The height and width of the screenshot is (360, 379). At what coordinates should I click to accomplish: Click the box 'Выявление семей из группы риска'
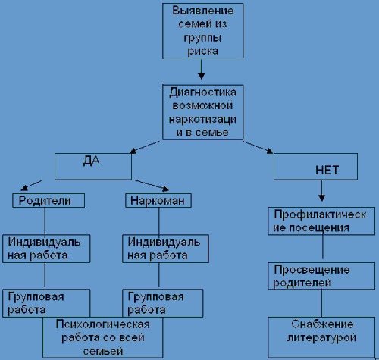[x=203, y=31]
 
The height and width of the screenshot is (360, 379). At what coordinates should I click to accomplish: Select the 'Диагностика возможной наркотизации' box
[x=203, y=112]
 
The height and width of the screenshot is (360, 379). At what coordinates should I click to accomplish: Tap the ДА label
[x=92, y=161]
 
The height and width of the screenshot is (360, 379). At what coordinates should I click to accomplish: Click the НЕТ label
[x=327, y=171]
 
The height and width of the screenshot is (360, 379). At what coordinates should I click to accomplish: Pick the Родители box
[x=49, y=201]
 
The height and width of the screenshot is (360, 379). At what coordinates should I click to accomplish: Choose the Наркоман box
[x=158, y=201]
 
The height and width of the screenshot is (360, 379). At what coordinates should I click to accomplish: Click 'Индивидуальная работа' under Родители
[x=46, y=249]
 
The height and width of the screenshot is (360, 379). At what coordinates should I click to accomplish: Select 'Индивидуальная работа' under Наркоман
[x=166, y=249]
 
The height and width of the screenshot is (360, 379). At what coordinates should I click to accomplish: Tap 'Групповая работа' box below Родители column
[x=46, y=303]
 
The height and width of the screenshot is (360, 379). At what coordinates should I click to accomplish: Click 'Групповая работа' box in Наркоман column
[x=163, y=303]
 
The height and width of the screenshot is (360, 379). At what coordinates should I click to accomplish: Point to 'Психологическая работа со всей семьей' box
[x=103, y=337]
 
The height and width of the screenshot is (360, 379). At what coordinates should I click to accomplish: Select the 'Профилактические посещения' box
[x=321, y=221]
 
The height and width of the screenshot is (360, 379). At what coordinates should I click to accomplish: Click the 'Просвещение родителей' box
[x=321, y=276]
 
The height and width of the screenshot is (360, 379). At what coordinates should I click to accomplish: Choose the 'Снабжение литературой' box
[x=321, y=337]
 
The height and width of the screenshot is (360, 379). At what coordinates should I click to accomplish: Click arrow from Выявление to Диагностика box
[x=201, y=70]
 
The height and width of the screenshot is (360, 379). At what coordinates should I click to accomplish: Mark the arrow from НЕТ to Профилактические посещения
[x=321, y=191]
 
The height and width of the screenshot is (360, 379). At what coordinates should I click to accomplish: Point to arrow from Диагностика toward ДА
[x=145, y=147]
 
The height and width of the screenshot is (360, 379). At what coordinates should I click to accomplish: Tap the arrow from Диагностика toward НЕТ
[x=258, y=147]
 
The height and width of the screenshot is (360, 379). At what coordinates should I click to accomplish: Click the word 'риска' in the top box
[x=203, y=51]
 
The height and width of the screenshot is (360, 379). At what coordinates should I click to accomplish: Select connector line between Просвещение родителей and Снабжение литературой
[x=321, y=303]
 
